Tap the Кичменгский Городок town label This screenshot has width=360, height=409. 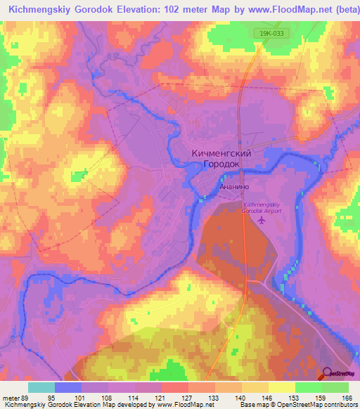[x=221, y=158]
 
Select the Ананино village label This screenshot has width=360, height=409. [x=233, y=188]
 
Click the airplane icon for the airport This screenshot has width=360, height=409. [x=262, y=221]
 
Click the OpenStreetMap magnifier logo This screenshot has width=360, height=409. [x=328, y=374]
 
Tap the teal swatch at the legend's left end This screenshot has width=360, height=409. [x=41, y=387]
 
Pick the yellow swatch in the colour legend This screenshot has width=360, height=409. [x=282, y=387]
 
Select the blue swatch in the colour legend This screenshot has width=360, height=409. [x=68, y=387]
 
